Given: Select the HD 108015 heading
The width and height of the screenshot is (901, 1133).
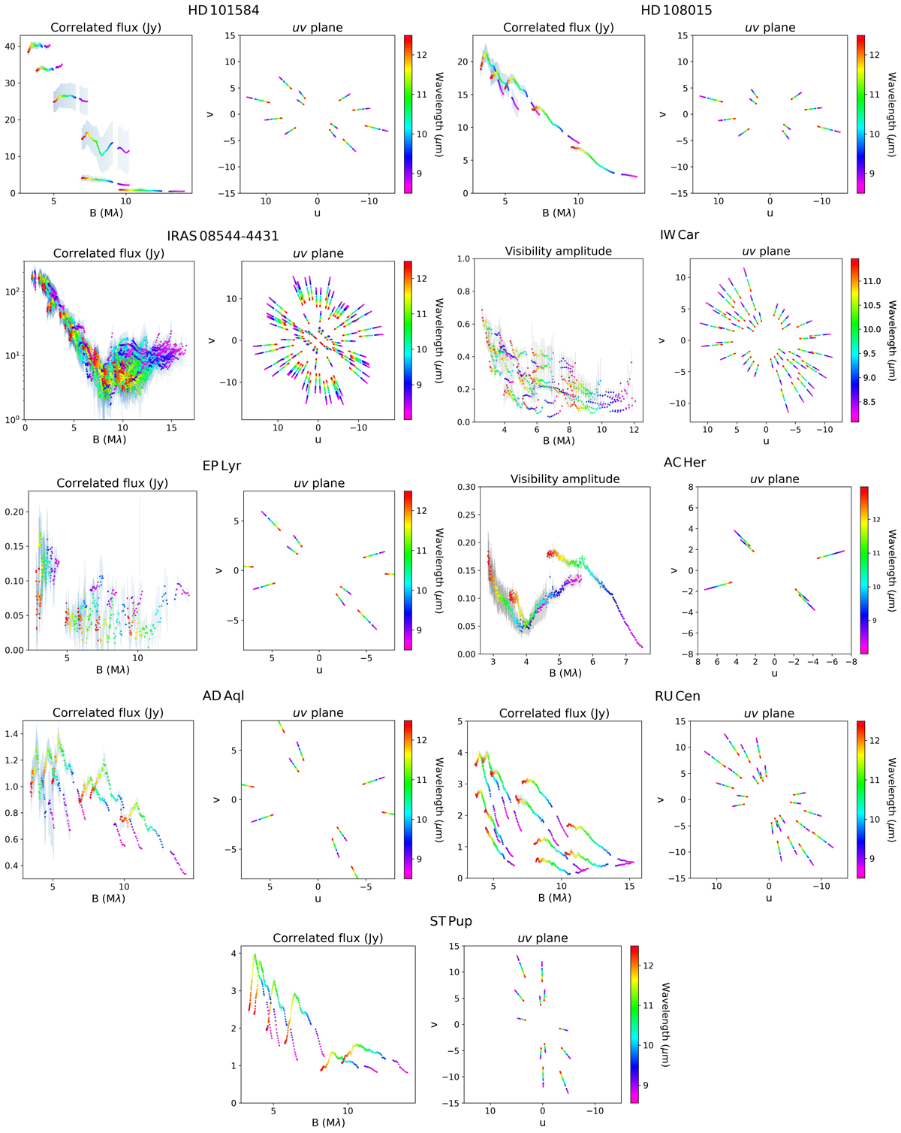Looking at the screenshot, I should (x=676, y=11).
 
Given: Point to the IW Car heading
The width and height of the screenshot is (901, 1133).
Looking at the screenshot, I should (x=679, y=234).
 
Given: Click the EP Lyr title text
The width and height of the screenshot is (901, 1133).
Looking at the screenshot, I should (x=221, y=465).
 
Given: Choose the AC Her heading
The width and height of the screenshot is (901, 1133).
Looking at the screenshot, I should (x=684, y=462).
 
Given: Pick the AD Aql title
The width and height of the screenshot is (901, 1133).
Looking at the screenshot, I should (x=223, y=696).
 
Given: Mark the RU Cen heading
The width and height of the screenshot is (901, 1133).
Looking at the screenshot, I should (x=677, y=696).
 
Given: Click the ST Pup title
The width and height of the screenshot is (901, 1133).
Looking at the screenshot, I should (x=450, y=921).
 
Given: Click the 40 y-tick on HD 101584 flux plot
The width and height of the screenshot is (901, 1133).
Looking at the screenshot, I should (x=11, y=47).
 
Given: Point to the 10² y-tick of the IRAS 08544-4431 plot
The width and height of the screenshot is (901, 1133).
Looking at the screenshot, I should (x=11, y=292).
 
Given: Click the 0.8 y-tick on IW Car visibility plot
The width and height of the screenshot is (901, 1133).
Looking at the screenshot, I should (x=464, y=292).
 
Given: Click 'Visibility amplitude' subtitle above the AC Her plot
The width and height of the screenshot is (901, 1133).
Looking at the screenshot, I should (x=565, y=479).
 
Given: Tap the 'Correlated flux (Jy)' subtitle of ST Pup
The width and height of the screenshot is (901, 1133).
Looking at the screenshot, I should (x=327, y=938).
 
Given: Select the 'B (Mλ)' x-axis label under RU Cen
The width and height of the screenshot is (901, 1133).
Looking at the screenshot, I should (x=554, y=897).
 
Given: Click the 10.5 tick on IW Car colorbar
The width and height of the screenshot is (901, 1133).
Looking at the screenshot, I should (x=872, y=305).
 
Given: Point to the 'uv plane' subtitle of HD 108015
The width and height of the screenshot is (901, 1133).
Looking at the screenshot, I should (x=770, y=28).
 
